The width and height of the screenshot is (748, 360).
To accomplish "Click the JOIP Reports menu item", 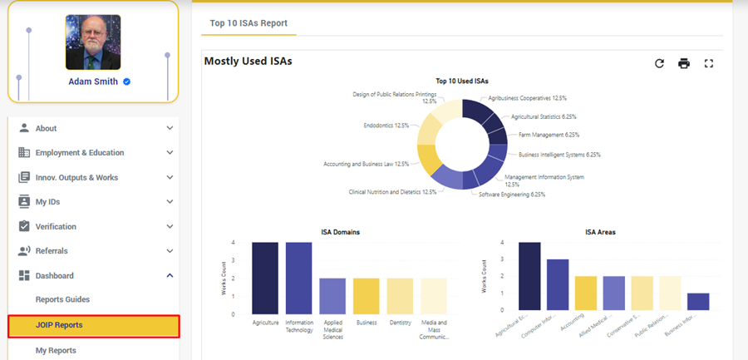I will [x=93, y=325].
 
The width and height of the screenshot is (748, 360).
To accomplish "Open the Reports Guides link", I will [x=62, y=299].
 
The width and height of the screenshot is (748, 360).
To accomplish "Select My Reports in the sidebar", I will [x=57, y=351].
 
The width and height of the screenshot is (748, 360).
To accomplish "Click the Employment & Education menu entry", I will [x=80, y=153].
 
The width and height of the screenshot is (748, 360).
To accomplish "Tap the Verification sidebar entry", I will [x=56, y=226].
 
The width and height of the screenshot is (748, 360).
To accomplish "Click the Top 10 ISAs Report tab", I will [x=249, y=23].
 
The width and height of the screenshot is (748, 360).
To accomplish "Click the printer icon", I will [x=684, y=63].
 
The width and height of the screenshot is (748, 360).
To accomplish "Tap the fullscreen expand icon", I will [x=709, y=63].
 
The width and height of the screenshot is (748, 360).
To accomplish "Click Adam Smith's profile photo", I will [x=93, y=42].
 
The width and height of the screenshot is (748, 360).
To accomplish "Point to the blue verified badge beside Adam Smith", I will [x=126, y=81].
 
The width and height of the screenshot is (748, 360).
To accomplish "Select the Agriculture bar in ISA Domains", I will [x=265, y=278].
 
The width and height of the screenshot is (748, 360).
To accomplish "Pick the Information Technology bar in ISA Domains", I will [x=298, y=278].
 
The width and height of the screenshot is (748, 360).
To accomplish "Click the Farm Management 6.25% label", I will [x=549, y=135].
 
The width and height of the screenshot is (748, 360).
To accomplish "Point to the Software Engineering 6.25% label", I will [x=512, y=195].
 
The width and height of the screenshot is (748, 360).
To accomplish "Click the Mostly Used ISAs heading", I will [x=248, y=61].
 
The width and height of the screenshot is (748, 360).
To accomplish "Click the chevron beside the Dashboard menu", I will [x=170, y=275].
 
